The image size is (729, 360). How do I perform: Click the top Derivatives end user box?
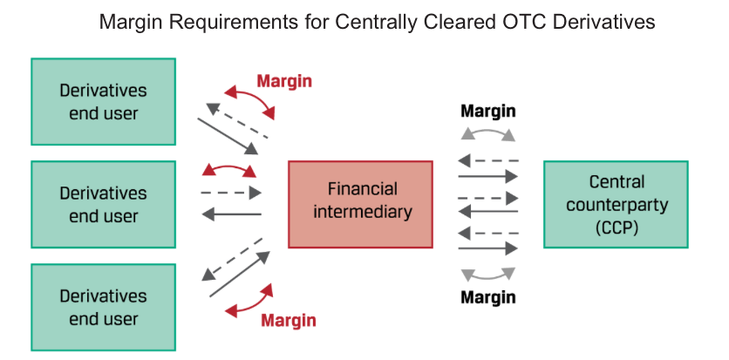103,101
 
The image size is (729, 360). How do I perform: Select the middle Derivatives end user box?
103,204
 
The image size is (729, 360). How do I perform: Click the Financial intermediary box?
360,204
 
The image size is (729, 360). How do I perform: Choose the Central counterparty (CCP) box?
616,204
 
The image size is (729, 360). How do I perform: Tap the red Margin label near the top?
284,81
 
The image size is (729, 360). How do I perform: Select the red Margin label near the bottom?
290,320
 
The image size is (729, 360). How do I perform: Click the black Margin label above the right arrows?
487,112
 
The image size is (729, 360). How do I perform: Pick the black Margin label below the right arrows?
487,297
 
